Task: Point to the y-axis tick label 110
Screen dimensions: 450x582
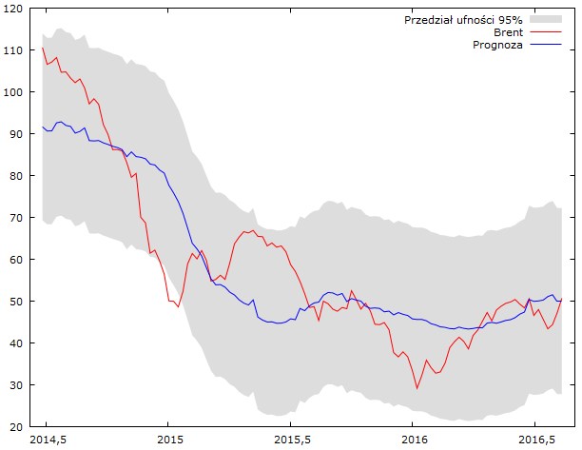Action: (x=16, y=50)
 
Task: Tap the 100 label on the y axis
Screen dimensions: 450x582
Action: (x=16, y=92)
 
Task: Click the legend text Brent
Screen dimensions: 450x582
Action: (x=508, y=32)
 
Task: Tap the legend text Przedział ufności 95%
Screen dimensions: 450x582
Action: (x=463, y=19)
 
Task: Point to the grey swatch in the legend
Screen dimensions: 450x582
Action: (x=547, y=19)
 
